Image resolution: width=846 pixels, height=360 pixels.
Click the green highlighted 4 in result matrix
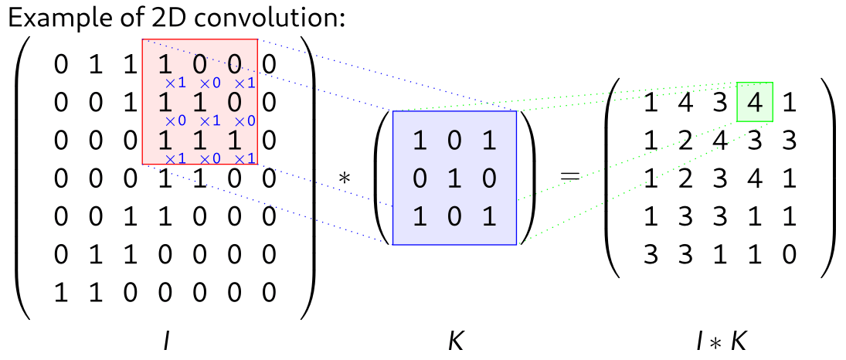pos(755,101)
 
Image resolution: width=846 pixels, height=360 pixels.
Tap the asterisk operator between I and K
pos(345,178)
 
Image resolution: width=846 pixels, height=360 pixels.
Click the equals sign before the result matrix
pos(569,177)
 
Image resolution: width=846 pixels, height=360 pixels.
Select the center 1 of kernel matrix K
pos(455,178)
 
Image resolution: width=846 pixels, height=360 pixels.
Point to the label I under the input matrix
pos(165,341)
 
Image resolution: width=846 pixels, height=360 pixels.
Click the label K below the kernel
pos(456,341)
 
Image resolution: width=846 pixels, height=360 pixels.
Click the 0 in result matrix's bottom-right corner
pos(789,253)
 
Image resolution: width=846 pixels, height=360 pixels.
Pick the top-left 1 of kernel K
pos(420,141)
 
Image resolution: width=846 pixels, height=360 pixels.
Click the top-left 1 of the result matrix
pos(651,102)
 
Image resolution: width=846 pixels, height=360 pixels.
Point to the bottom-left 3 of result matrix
pos(651,253)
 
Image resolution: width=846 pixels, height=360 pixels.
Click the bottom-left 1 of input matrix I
pos(60,292)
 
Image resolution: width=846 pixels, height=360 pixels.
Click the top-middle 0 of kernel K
pos(455,141)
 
